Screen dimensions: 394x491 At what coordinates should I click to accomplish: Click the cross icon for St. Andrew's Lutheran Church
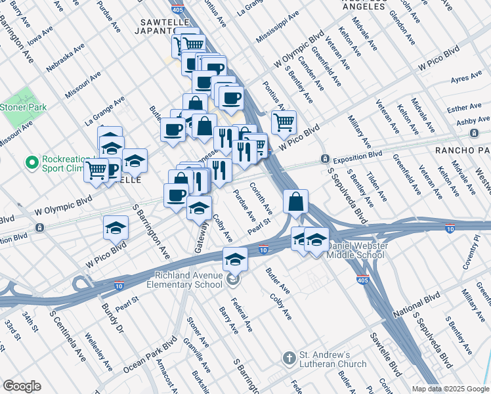pyautogui.click(x=289, y=358)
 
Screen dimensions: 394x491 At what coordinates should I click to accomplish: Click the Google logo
pyautogui.click(x=22, y=385)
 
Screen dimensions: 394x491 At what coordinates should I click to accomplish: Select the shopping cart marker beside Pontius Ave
pyautogui.click(x=284, y=121)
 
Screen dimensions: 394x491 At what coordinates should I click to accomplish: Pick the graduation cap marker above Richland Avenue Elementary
pyautogui.click(x=235, y=259)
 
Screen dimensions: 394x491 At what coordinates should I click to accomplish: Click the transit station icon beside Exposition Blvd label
pyautogui.click(x=324, y=159)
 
